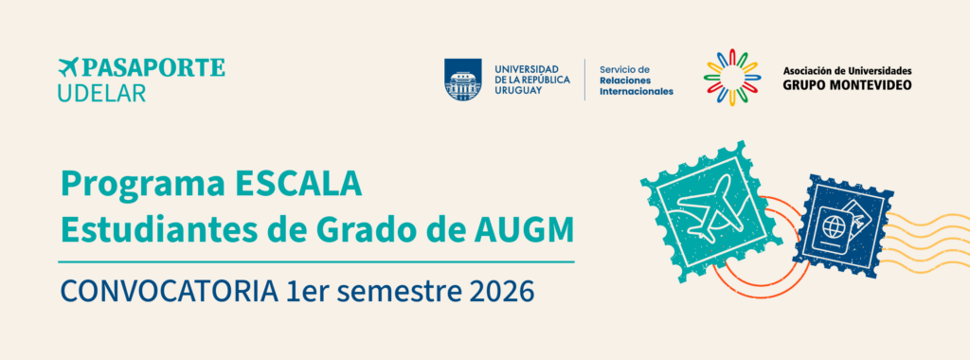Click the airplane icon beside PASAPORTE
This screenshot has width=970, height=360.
point(68,67)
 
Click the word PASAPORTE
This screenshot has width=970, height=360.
point(153,67)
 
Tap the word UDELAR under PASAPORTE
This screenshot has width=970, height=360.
point(101,92)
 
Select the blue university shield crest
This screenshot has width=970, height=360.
point(462,80)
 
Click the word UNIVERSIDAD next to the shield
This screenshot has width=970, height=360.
point(526,68)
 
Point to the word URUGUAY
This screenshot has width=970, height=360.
point(518,90)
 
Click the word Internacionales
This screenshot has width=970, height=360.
point(637,92)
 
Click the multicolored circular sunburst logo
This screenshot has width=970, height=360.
point(732,78)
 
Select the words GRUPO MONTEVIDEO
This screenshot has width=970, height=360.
point(847,84)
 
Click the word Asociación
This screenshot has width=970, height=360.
point(808,70)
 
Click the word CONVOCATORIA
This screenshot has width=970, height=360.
point(169,292)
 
